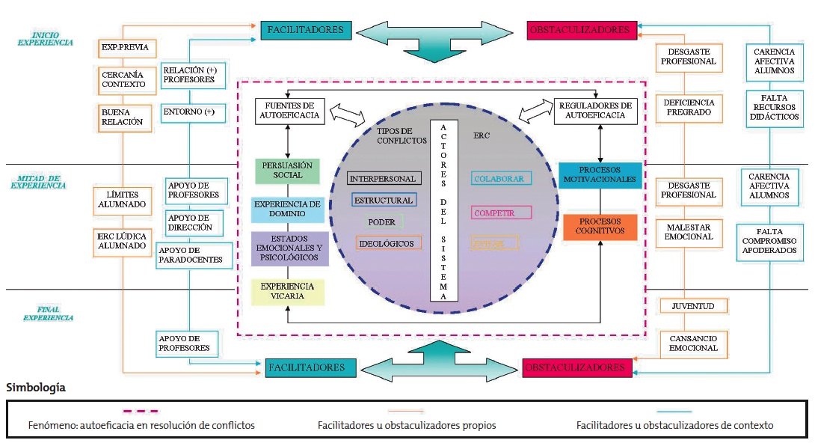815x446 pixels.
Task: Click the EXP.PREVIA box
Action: [127, 49]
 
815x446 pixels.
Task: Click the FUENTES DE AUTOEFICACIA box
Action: [289, 110]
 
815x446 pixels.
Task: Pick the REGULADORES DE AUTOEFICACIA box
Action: [596, 110]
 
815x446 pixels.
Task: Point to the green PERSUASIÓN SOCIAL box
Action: [288, 170]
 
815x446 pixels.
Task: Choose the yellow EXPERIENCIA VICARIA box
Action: [288, 291]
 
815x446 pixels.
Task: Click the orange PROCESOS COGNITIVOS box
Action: [600, 227]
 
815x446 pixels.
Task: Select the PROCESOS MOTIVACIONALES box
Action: [600, 174]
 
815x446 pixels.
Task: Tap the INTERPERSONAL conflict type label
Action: [384, 178]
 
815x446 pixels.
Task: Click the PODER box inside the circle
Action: [381, 222]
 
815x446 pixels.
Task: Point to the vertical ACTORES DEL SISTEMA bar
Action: [444, 210]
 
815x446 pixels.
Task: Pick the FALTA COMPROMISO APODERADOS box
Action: [769, 241]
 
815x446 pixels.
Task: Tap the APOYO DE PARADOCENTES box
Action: [191, 254]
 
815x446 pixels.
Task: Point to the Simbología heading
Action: [36, 388]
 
